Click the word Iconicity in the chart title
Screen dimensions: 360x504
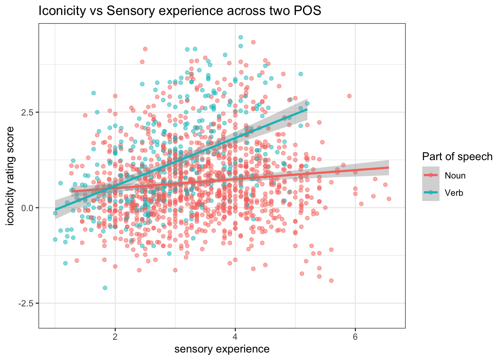(x=62, y=11)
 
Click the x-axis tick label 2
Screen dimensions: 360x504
(x=115, y=336)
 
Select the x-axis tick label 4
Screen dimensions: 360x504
(x=235, y=336)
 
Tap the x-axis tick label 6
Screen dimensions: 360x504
(x=355, y=336)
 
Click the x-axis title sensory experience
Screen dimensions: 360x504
(x=222, y=349)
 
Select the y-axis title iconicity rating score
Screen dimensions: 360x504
(x=10, y=176)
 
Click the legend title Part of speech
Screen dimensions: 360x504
(x=457, y=156)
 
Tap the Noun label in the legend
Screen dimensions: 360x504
(x=455, y=175)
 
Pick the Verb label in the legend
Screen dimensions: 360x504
(x=454, y=193)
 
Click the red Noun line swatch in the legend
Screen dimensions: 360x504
(x=430, y=175)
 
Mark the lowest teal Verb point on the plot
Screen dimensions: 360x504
(x=105, y=288)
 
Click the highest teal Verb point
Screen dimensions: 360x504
(x=241, y=37)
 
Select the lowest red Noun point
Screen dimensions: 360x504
(x=331, y=280)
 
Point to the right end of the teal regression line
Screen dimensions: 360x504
(x=307, y=109)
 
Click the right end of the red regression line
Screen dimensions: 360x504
(x=388, y=168)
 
